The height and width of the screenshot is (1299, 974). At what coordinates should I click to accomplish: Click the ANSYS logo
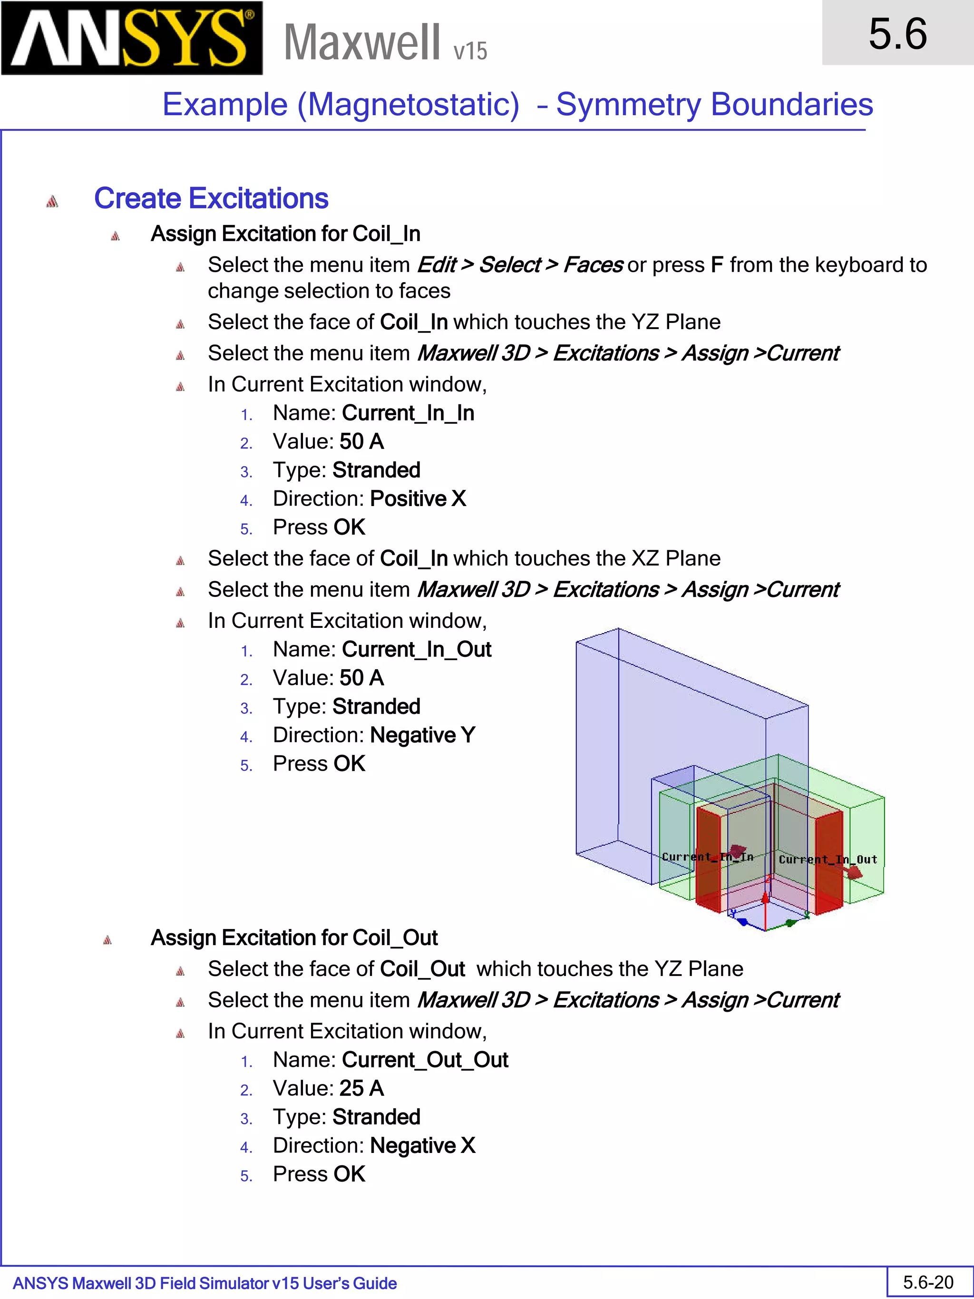[x=132, y=38]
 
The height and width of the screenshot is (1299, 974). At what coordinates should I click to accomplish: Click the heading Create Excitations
[x=211, y=198]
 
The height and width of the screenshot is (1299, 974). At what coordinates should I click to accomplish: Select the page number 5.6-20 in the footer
[x=928, y=1282]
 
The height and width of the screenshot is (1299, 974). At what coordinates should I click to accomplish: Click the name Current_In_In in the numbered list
[x=408, y=413]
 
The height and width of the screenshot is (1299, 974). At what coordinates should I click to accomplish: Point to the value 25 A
[x=361, y=1088]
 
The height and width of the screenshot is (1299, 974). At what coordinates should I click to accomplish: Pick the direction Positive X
[x=418, y=498]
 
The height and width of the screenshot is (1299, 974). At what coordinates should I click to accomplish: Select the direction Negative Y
[x=422, y=735]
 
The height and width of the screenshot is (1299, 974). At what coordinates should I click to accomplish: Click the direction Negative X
[x=422, y=1146]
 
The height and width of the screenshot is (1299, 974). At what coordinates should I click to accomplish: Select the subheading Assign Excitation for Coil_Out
[x=293, y=938]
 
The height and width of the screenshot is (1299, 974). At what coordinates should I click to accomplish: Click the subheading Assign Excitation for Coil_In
[x=285, y=234]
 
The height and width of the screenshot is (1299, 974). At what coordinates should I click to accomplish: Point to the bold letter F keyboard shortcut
[x=716, y=265]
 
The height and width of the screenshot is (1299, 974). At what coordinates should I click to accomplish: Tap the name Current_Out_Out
[x=425, y=1060]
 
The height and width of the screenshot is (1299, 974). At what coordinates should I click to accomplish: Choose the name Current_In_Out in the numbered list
[x=416, y=650]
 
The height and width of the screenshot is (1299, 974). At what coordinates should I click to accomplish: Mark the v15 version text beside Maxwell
[x=470, y=51]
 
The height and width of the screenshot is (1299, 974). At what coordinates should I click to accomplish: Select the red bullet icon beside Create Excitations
[x=52, y=201]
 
